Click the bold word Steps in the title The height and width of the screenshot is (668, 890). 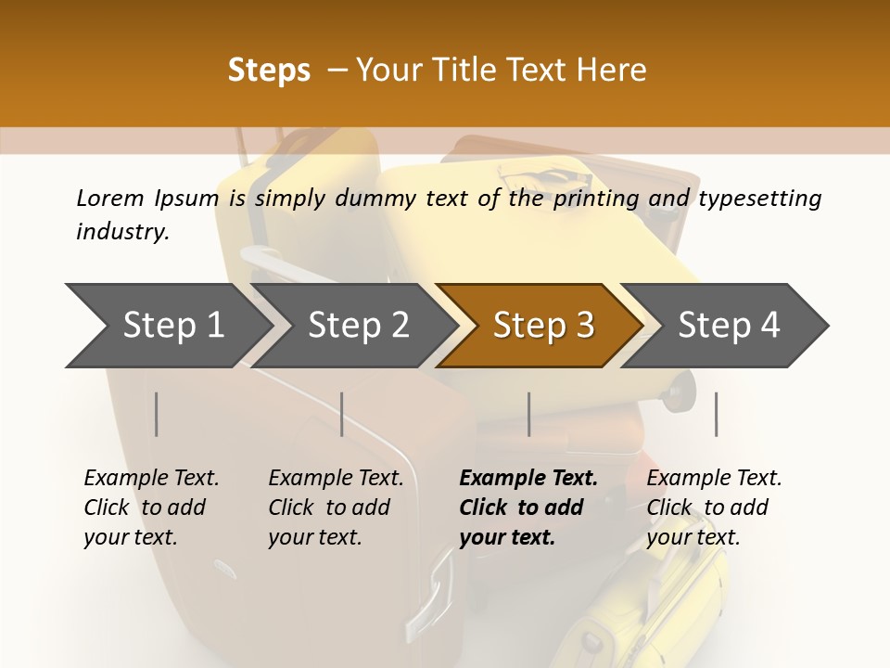(269, 71)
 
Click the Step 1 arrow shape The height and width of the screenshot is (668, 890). (172, 326)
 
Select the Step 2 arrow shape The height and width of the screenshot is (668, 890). (358, 326)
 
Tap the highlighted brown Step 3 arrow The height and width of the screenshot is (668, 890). (543, 326)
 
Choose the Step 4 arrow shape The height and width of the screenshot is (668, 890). (729, 326)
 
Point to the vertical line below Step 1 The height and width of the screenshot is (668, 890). (157, 414)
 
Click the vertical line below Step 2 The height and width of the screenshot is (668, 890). (342, 414)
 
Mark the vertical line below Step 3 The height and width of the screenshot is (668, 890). (528, 414)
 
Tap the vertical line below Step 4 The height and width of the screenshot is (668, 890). (716, 414)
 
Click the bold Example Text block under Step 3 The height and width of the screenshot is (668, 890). (528, 507)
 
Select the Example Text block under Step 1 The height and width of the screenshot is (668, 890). (151, 507)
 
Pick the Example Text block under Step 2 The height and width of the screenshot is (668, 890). (336, 507)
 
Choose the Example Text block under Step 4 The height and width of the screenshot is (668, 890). (714, 507)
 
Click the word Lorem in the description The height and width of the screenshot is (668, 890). (109, 199)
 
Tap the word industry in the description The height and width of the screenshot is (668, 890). (121, 232)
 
